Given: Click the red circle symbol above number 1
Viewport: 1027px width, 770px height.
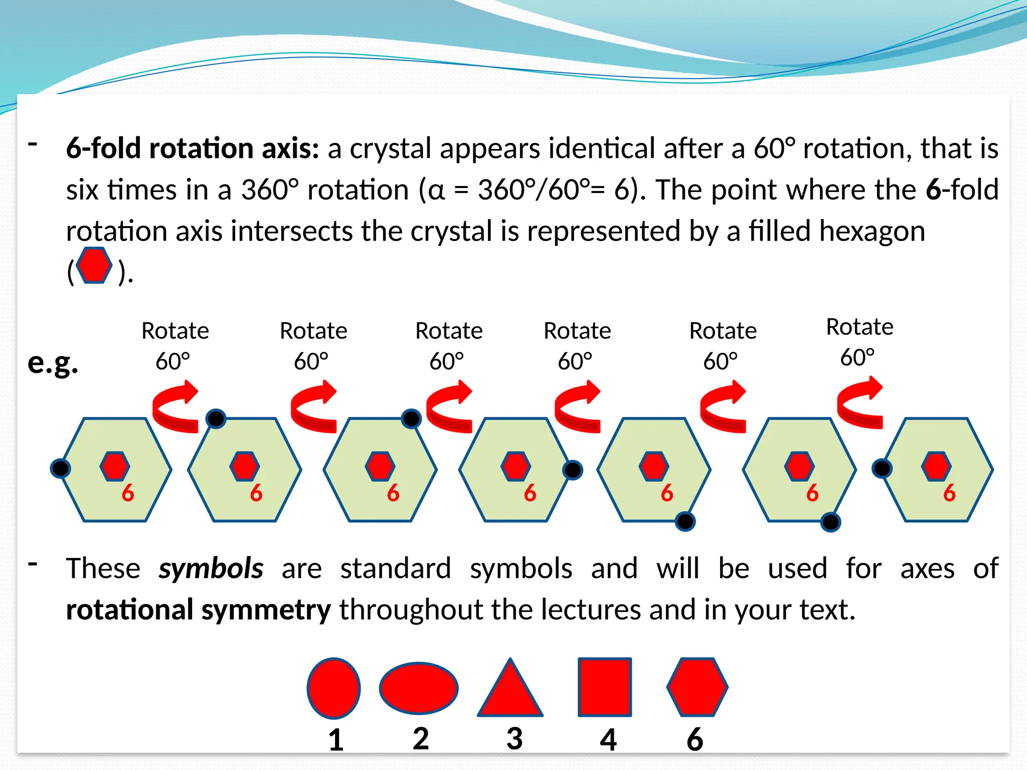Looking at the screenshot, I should point(333,688).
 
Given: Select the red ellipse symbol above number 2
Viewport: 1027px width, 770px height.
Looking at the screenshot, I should point(419,688).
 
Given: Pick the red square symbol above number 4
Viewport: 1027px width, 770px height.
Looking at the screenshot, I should point(604,687).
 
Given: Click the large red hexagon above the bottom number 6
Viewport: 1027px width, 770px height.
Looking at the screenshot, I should point(697,687).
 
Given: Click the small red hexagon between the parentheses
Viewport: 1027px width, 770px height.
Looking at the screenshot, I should point(94,265).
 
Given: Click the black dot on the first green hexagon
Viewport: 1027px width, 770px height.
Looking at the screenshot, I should point(60,468).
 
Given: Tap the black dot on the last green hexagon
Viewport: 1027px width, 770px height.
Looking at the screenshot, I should point(882,468).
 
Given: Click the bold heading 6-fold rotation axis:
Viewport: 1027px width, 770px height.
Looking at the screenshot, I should point(193,148).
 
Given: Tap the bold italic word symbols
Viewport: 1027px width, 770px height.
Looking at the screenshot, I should point(211,568).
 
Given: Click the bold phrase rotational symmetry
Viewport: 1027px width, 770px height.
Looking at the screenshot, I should point(198,610).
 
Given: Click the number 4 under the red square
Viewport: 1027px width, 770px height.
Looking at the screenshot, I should point(608,739).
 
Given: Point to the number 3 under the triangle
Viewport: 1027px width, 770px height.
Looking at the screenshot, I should point(515,738).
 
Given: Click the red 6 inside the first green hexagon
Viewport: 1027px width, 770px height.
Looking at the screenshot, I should point(128,493).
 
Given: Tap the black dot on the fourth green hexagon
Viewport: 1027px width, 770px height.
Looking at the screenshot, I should point(572,470).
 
